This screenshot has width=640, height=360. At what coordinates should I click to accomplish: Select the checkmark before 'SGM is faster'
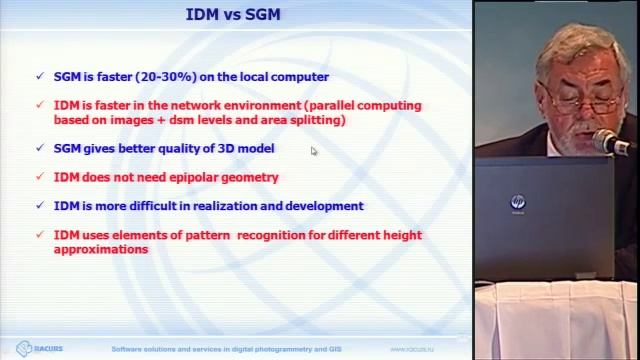(x=39, y=76)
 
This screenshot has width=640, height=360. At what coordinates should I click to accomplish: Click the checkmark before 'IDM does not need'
(x=39, y=178)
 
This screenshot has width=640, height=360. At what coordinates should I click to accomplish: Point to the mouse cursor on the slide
(x=314, y=152)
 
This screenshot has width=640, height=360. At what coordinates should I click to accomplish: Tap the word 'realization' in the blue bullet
(x=226, y=206)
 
